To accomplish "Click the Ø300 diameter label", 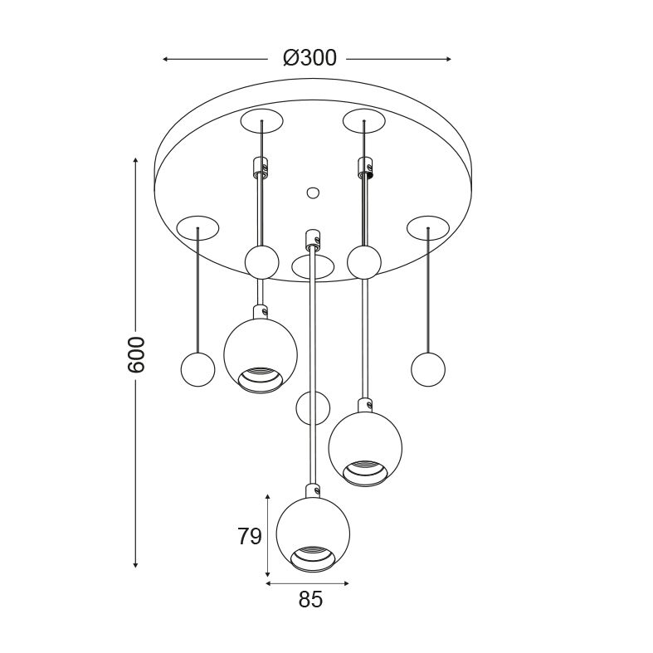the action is (x=309, y=58).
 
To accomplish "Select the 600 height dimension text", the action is (x=136, y=355).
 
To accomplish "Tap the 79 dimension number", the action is (x=250, y=536).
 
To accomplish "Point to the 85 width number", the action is (x=310, y=600).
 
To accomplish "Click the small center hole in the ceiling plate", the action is (x=313, y=192).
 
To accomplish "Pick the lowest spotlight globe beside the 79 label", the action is (x=313, y=535).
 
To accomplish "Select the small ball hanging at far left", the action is (x=198, y=369).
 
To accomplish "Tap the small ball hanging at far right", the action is (x=428, y=369).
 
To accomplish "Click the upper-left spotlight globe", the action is (x=261, y=356).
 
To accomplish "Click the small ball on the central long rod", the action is (x=313, y=408).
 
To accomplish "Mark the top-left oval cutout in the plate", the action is (x=262, y=121).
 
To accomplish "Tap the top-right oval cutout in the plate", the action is (x=364, y=121).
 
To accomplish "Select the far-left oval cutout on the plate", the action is (x=197, y=228).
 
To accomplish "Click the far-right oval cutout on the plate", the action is (x=428, y=228).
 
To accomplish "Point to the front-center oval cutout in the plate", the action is (x=313, y=267).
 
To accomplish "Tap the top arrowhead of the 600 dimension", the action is (x=135, y=160).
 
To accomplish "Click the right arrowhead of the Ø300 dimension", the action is (x=449, y=59).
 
